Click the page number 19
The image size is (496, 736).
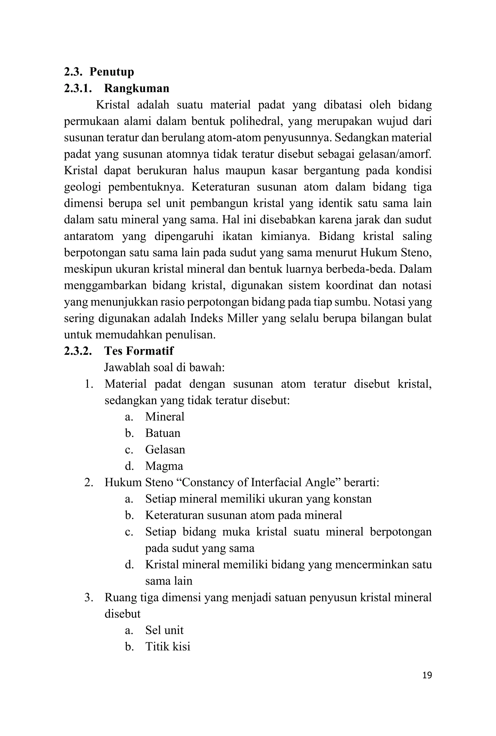click(427, 675)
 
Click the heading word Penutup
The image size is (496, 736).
click(112, 72)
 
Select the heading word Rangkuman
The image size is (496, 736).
click(137, 88)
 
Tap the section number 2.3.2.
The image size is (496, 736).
click(78, 351)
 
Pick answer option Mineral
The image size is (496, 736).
click(164, 417)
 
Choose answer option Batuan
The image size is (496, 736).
click(163, 433)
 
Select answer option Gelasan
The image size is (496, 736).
click(165, 449)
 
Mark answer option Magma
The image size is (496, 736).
click(164, 466)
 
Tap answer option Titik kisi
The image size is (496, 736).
click(168, 646)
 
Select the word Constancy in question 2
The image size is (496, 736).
click(206, 482)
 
